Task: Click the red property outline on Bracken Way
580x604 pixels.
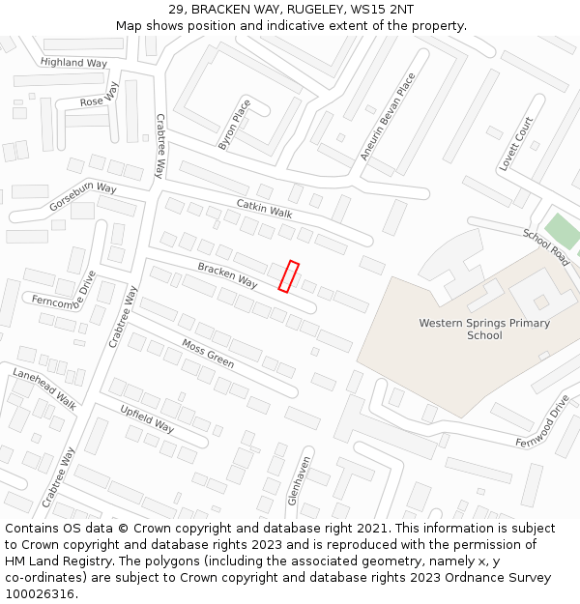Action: point(288,276)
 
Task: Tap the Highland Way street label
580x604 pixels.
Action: point(74,63)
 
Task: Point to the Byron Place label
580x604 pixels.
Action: point(234,125)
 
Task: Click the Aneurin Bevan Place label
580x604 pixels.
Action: point(388,116)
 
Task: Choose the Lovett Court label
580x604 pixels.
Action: point(516,145)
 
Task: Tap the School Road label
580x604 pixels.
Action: point(546,248)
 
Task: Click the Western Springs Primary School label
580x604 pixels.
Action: point(484,330)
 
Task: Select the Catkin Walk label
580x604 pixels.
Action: point(264,208)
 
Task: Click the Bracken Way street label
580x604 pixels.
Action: point(227,275)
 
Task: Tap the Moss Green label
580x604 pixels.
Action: point(208,353)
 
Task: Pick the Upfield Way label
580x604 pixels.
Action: point(147,418)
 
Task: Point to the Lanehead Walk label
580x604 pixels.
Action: point(44,388)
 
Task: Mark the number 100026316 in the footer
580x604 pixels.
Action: point(42,594)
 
